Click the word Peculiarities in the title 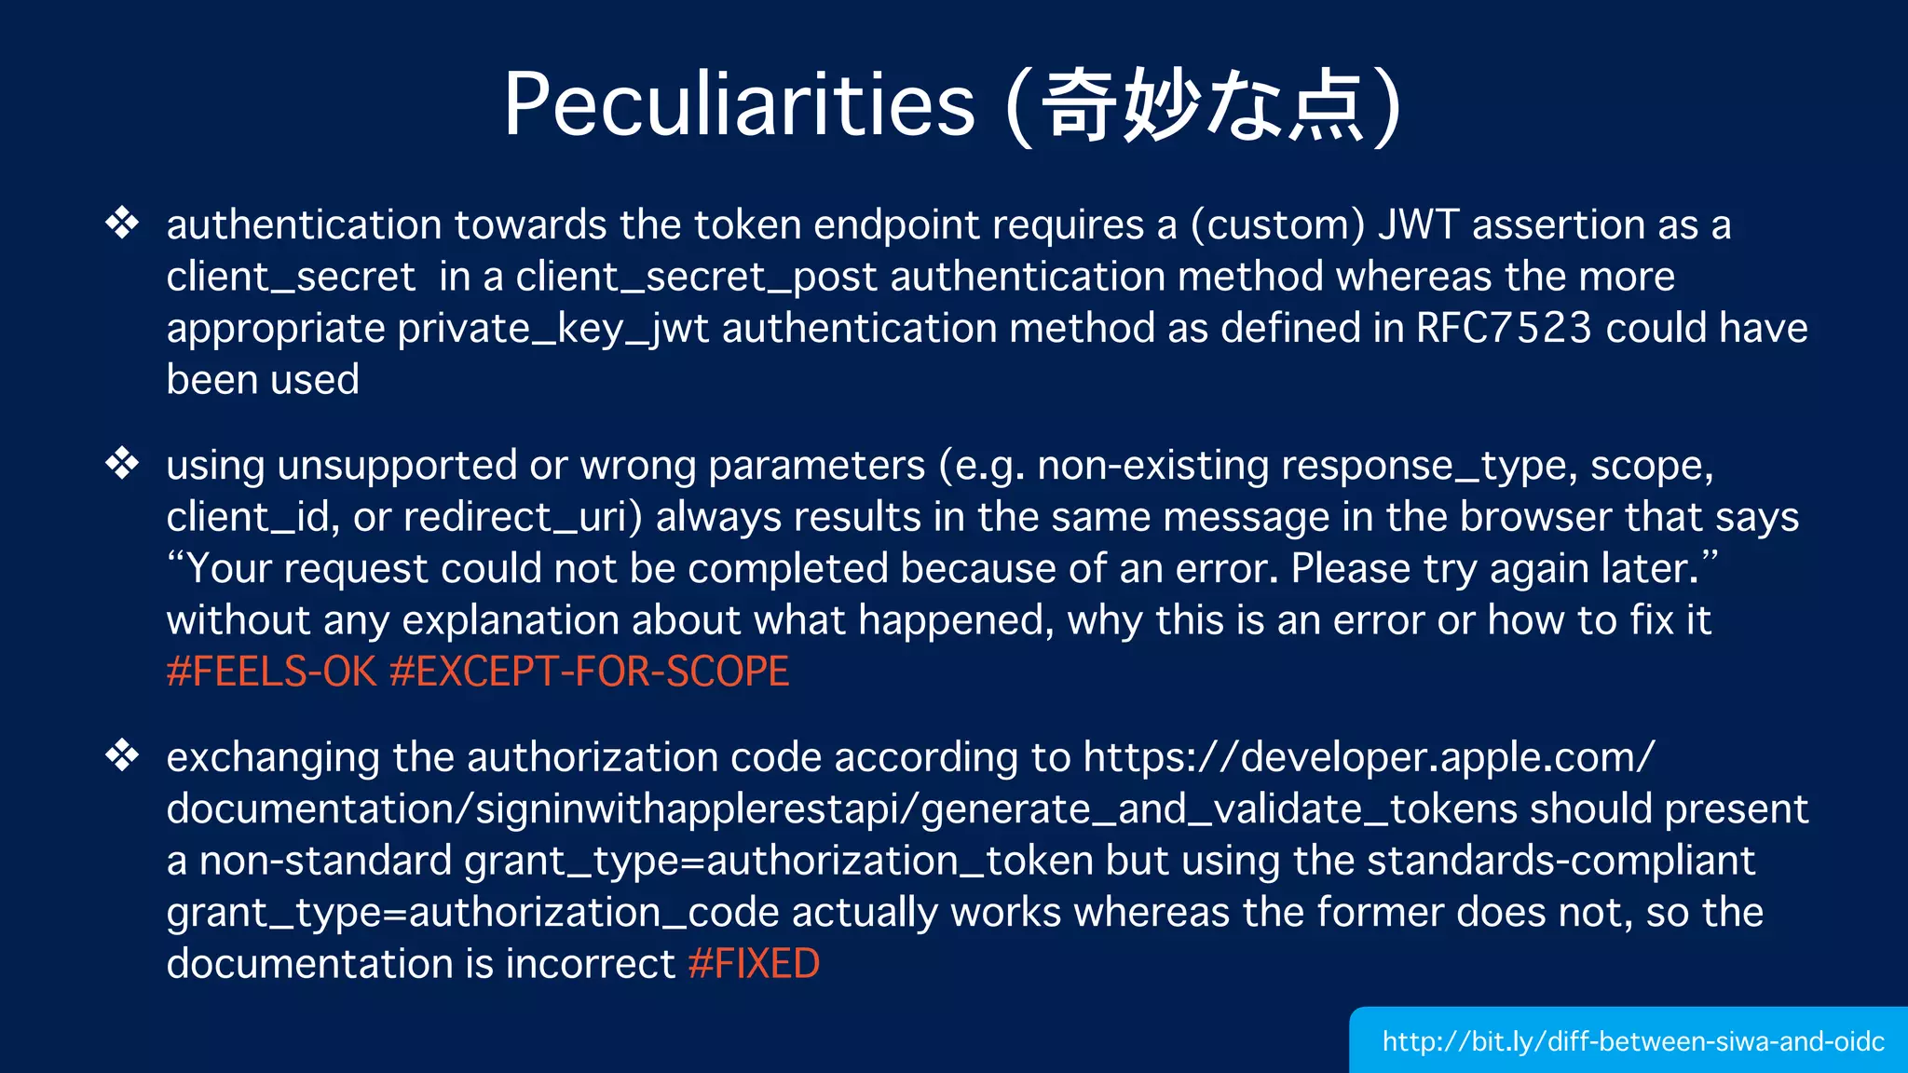click(x=739, y=104)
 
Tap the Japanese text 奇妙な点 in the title click(x=1202, y=106)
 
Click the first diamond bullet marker click(x=122, y=224)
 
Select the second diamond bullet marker click(x=122, y=463)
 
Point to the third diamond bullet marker click(x=122, y=755)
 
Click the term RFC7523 click(x=1504, y=328)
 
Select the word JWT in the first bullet click(x=1418, y=225)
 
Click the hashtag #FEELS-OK click(x=271, y=672)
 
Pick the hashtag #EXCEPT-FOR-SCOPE click(x=589, y=672)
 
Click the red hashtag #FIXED click(x=754, y=964)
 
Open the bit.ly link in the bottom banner click(x=1632, y=1041)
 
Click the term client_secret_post click(x=696, y=278)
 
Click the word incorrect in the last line click(x=590, y=964)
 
